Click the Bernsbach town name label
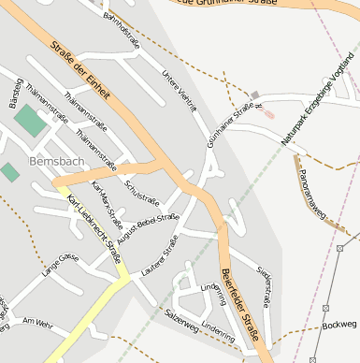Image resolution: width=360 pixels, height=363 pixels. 58,161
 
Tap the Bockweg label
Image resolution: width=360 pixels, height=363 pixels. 338,325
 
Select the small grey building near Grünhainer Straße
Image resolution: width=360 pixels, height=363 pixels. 255,95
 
